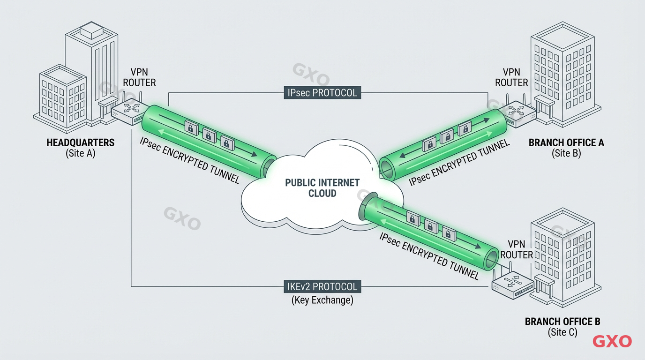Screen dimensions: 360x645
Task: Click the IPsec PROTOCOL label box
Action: [x=322, y=92]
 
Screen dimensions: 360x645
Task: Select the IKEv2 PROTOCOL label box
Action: [x=322, y=286]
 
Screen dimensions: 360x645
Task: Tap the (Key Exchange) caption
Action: [x=322, y=300]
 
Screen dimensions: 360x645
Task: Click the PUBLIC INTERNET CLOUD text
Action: [x=322, y=187]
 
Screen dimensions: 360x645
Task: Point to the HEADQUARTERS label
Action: [x=81, y=142]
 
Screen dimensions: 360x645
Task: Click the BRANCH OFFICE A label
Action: [x=566, y=142]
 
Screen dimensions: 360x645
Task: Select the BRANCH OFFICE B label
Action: [x=562, y=322]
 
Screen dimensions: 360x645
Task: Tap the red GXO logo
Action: [x=612, y=341]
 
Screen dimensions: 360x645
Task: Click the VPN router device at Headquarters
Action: [x=128, y=112]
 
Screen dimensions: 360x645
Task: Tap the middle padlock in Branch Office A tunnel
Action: [x=446, y=137]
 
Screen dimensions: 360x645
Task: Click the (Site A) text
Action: [x=81, y=153]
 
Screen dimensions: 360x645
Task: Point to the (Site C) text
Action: [x=562, y=332]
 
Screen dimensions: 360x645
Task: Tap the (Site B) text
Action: [x=566, y=153]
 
